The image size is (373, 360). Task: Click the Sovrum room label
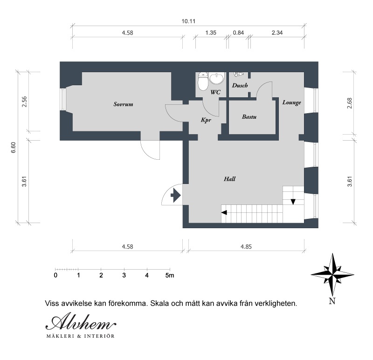[x=123, y=104]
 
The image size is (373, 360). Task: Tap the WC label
[x=215, y=92]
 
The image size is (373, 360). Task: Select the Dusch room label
[x=240, y=85]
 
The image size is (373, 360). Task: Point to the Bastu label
[x=249, y=117]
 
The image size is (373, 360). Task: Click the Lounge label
[x=292, y=102]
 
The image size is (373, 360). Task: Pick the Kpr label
[x=206, y=120]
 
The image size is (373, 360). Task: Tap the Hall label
[x=229, y=179]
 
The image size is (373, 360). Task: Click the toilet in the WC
[x=203, y=82]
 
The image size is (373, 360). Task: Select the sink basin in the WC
[x=217, y=78]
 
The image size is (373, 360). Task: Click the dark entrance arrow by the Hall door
[x=176, y=195]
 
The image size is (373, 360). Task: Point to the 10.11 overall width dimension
[x=188, y=21]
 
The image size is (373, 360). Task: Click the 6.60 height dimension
[x=14, y=147]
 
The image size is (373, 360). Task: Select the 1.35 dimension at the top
[x=211, y=33]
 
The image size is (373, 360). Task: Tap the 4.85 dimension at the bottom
[x=246, y=247]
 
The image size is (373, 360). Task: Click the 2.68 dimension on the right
[x=349, y=103]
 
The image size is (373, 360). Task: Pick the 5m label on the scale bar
[x=170, y=275]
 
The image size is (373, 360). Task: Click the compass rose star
[x=332, y=275]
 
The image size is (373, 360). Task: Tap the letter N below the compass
[x=332, y=301]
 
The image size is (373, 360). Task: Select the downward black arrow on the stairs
[x=293, y=202]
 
